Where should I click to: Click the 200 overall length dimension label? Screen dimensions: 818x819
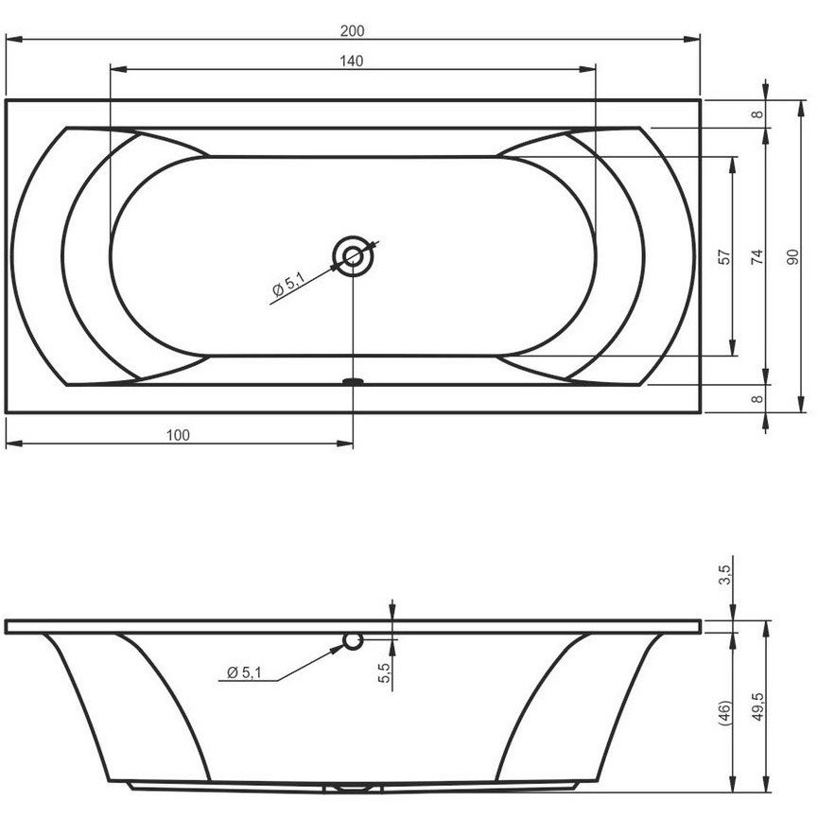352,31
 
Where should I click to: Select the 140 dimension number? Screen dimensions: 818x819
352,61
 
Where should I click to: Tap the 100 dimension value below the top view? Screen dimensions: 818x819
178,435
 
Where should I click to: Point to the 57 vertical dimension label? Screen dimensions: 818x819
724,257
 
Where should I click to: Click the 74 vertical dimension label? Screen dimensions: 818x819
757,257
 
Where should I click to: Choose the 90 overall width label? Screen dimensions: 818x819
792,257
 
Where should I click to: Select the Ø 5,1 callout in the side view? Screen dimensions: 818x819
244,672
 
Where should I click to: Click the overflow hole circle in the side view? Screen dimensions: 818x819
353,641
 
